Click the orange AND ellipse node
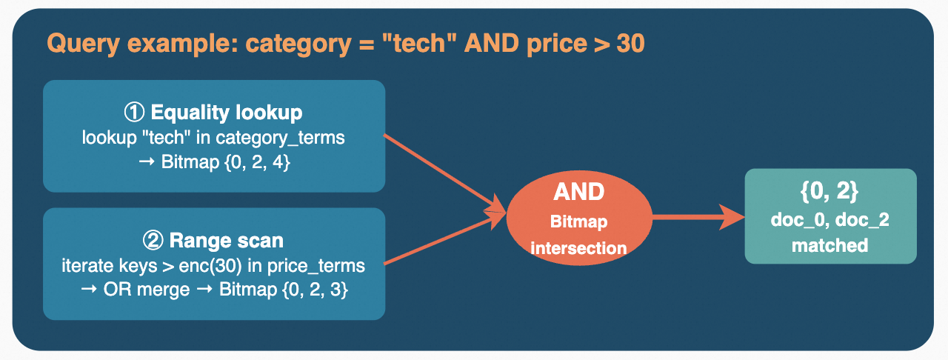[578, 217]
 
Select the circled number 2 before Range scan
[152, 241]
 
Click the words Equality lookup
[226, 113]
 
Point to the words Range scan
[226, 241]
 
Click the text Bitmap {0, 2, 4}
[225, 162]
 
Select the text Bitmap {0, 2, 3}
[284, 290]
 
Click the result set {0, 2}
[829, 192]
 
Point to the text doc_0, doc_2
[829, 221]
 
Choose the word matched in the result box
[829, 246]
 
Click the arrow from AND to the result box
[696, 217]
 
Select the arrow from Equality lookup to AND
[441, 171]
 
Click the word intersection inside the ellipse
[578, 248]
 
